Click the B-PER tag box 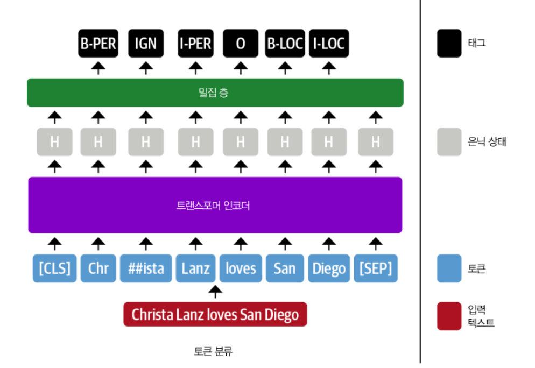(98, 44)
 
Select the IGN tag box (146, 44)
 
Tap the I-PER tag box (195, 44)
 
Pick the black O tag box (241, 44)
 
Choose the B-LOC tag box (285, 44)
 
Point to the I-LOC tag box (329, 44)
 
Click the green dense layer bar (215, 93)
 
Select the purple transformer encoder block (215, 205)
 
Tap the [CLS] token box (54, 268)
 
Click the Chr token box (98, 268)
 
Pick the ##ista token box (146, 268)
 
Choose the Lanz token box (195, 268)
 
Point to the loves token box (241, 268)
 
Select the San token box (285, 268)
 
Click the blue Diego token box (329, 268)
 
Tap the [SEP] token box (376, 268)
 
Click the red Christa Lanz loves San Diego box (215, 314)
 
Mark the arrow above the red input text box (215, 292)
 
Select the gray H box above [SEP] (376, 142)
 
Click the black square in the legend (449, 44)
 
